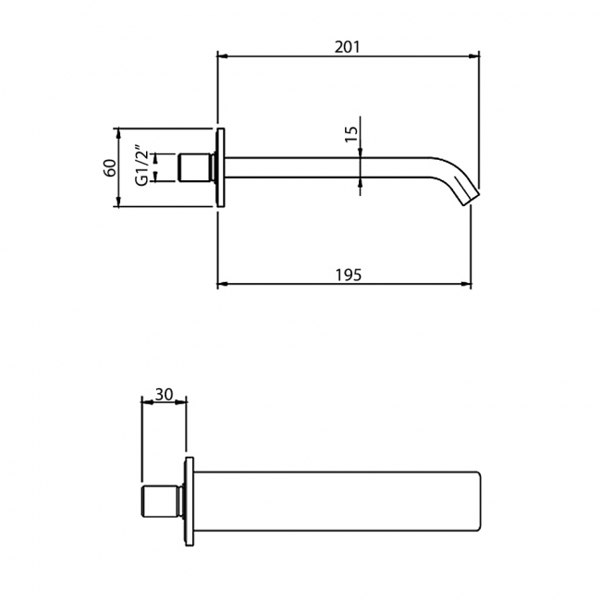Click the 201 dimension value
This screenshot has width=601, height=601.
(349, 46)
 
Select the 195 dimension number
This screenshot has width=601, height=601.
(348, 275)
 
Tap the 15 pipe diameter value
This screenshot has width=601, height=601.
(350, 135)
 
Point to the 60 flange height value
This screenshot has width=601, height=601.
(109, 167)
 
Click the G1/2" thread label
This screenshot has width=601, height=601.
(141, 166)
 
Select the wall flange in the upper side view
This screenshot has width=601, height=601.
(220, 167)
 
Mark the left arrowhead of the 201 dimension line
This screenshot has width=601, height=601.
(221, 56)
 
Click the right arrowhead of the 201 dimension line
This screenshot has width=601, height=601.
(478, 56)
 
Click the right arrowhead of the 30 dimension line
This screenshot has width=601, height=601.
(184, 402)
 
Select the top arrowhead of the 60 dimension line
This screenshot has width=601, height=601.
(119, 130)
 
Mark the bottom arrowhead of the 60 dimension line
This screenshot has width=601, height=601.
(119, 204)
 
